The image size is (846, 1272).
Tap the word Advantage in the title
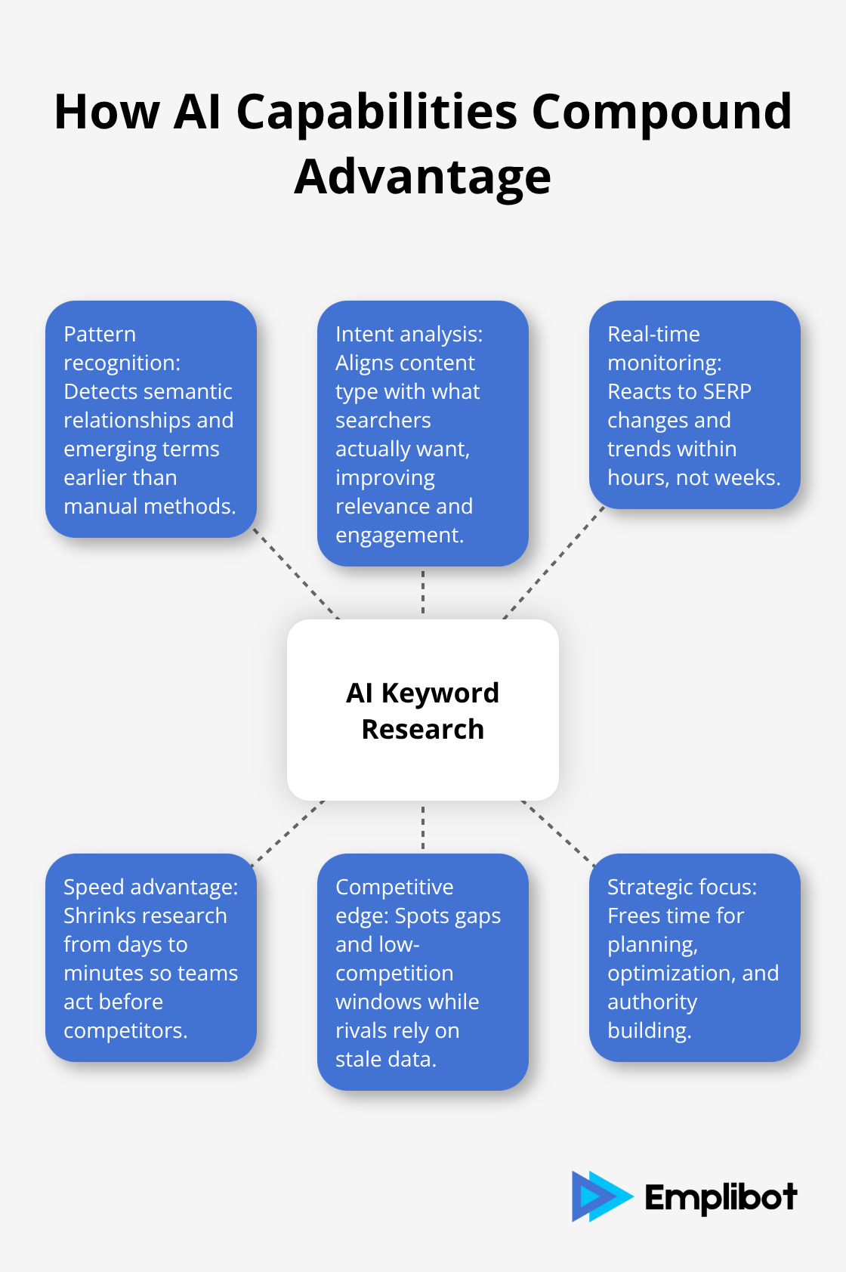(x=423, y=178)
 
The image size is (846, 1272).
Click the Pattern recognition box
(x=151, y=419)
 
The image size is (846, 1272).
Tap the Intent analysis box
(x=423, y=434)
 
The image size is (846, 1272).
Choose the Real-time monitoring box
(x=694, y=405)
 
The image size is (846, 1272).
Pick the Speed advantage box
(x=151, y=958)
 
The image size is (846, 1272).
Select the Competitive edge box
(x=423, y=972)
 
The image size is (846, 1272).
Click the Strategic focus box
(x=694, y=958)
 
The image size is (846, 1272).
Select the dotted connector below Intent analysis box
(x=423, y=592)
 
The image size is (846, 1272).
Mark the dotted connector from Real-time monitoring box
(x=554, y=563)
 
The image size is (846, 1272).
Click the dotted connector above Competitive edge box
(x=423, y=828)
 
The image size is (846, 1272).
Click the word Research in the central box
(x=423, y=730)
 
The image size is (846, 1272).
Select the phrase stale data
(x=386, y=1060)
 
